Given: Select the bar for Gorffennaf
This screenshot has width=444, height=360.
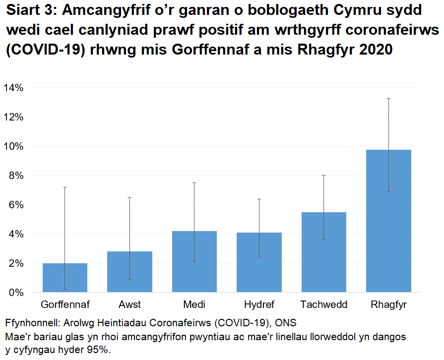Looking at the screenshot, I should (65, 278).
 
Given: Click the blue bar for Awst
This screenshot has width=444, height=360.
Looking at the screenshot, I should (129, 272).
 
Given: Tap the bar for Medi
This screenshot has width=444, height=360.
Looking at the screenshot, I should (194, 262).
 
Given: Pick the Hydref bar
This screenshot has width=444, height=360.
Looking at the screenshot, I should (259, 262).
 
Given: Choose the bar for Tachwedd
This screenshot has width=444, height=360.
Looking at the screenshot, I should (323, 252).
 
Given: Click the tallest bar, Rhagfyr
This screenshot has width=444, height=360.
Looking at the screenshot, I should (388, 221).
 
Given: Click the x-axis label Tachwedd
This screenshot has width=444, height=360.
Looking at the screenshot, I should (323, 304).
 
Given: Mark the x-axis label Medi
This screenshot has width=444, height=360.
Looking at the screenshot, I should (194, 304).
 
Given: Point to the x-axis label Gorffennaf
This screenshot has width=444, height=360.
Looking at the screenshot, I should (65, 304).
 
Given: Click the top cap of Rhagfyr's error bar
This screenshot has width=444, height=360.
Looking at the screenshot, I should (388, 99).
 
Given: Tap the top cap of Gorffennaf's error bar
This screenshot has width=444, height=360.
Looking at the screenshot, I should (65, 187).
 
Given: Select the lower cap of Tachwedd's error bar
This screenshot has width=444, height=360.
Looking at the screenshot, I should (323, 240).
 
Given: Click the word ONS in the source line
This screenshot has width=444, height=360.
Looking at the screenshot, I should (286, 323).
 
